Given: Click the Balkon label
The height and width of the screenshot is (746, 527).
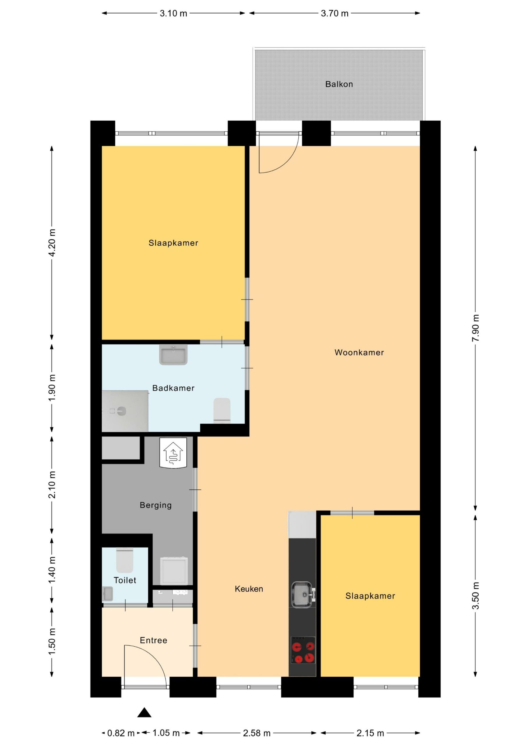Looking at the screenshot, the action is click(339, 84).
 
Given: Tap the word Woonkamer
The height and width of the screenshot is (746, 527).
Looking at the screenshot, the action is click(359, 353).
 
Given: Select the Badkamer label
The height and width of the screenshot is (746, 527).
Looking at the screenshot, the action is click(174, 388).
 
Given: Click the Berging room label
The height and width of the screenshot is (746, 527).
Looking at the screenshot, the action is click(155, 505).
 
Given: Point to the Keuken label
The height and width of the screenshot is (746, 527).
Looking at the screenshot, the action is click(249, 589).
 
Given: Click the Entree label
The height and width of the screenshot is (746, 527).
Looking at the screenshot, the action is click(153, 640).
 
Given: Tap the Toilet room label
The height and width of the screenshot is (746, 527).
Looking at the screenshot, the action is click(125, 580).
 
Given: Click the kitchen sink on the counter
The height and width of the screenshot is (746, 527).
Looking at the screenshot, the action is click(303, 594).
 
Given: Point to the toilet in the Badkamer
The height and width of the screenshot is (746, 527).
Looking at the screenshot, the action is click(222, 410).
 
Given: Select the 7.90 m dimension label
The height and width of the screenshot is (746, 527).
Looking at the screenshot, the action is click(475, 328).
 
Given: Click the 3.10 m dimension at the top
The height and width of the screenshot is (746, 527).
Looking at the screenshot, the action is click(174, 13).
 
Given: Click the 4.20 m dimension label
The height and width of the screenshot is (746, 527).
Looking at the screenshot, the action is click(52, 242).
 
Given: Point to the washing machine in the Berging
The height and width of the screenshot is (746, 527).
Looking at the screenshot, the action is click(174, 571).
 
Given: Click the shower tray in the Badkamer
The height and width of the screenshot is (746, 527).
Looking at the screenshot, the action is click(125, 411).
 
